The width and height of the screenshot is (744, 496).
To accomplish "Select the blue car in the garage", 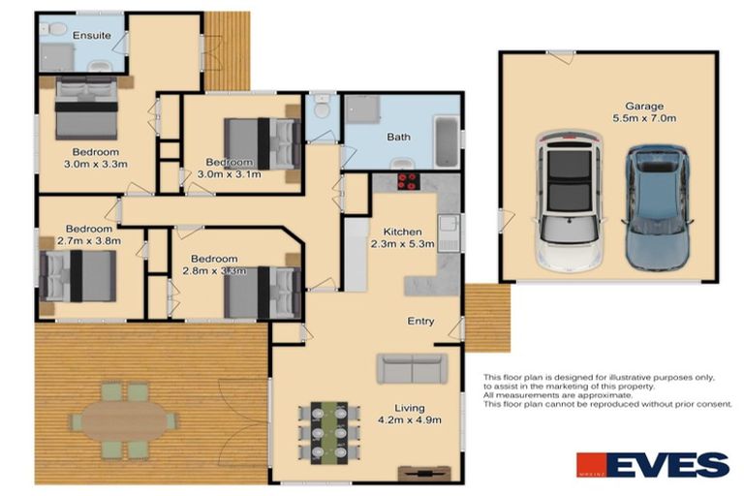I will (x=658, y=207).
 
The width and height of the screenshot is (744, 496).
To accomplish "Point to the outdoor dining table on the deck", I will (x=124, y=420).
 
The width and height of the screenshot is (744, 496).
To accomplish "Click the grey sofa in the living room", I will (x=413, y=368).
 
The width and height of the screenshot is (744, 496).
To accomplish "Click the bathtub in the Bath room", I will (x=446, y=141).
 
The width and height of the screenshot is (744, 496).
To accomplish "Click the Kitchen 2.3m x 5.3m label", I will (x=401, y=238).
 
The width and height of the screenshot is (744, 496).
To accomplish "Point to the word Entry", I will (x=420, y=322).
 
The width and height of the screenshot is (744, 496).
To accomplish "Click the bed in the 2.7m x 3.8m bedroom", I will (x=79, y=276).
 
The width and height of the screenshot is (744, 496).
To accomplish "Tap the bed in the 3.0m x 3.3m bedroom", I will (x=85, y=109).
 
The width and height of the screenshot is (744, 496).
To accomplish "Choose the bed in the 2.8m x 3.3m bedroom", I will (x=260, y=292).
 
